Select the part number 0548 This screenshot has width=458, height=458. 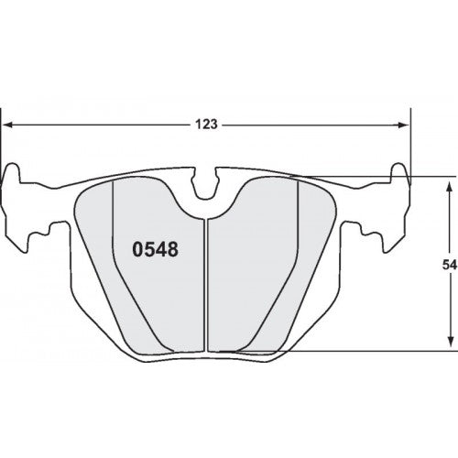click(x=156, y=248)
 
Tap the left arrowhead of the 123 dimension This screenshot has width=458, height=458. click(x=8, y=125)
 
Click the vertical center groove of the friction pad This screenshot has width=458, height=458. click(x=208, y=284)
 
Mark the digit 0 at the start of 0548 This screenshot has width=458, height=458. click(x=139, y=248)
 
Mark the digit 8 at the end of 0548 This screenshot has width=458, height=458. click(x=172, y=248)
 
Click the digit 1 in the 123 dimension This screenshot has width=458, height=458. click(x=199, y=125)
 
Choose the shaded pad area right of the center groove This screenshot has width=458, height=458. click(x=256, y=266)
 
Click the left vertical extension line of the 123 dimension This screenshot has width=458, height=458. click(x=2, y=147)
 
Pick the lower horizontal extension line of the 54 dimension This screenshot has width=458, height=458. click(x=366, y=349)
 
